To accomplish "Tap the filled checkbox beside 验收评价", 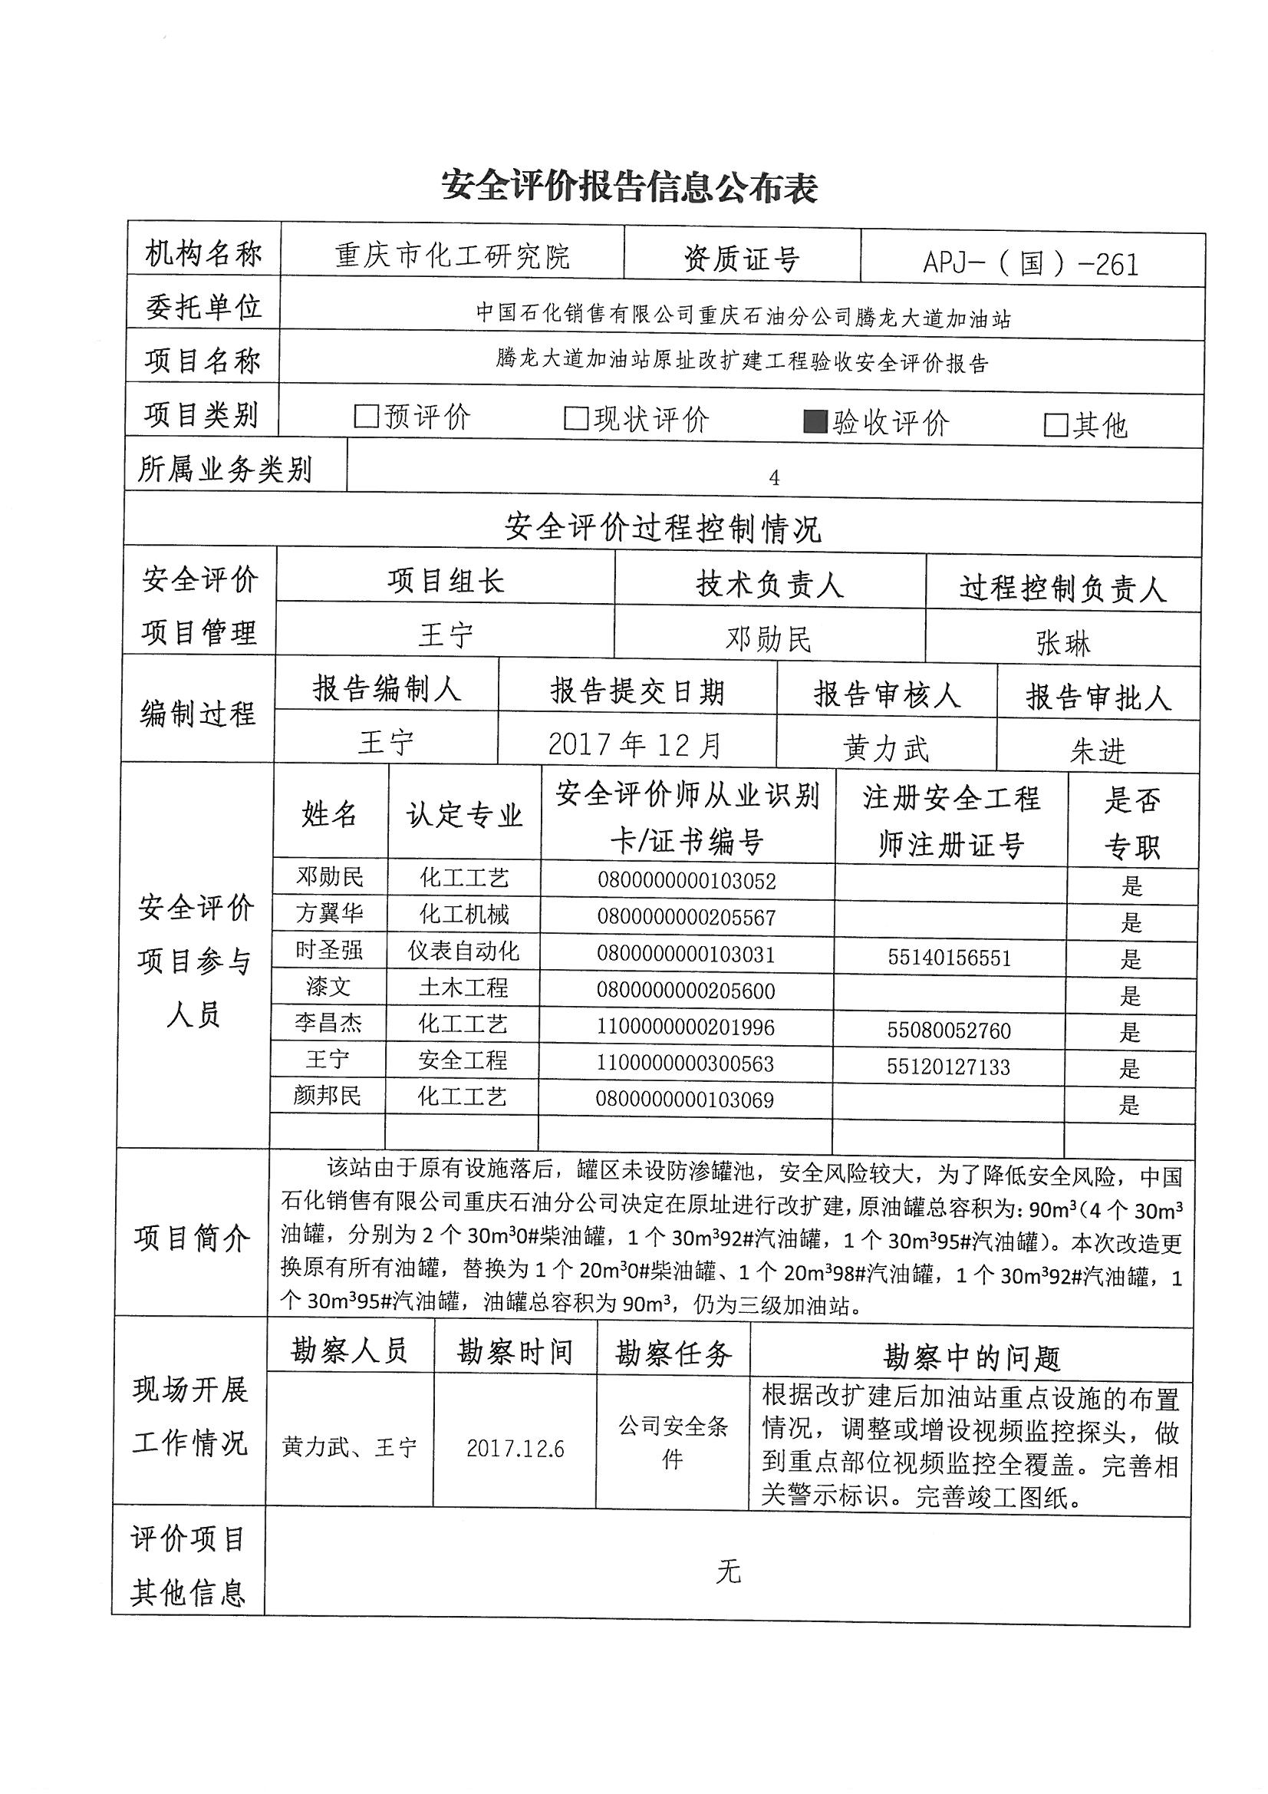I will point(815,422).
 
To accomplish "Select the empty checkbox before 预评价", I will point(366,417).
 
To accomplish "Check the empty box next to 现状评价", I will point(576,419).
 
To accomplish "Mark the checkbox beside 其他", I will point(1056,425).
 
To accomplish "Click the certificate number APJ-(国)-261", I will point(1030,264).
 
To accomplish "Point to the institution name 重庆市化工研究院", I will point(453,256).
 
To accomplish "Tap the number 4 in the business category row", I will point(773,477).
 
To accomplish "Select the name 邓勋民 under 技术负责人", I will point(769,639).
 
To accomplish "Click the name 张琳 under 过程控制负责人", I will point(1062,643).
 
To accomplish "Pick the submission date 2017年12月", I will point(635,744).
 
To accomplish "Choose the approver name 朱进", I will point(1098,751).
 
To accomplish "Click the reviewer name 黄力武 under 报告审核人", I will point(886,749).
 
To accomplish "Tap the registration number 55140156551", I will point(949,958).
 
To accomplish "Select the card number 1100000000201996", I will point(685,1027).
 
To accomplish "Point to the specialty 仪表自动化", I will point(463,951).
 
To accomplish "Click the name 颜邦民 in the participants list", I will point(328,1096).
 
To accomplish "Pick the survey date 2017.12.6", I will point(515,1449).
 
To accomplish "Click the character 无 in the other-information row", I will point(727,1571).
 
